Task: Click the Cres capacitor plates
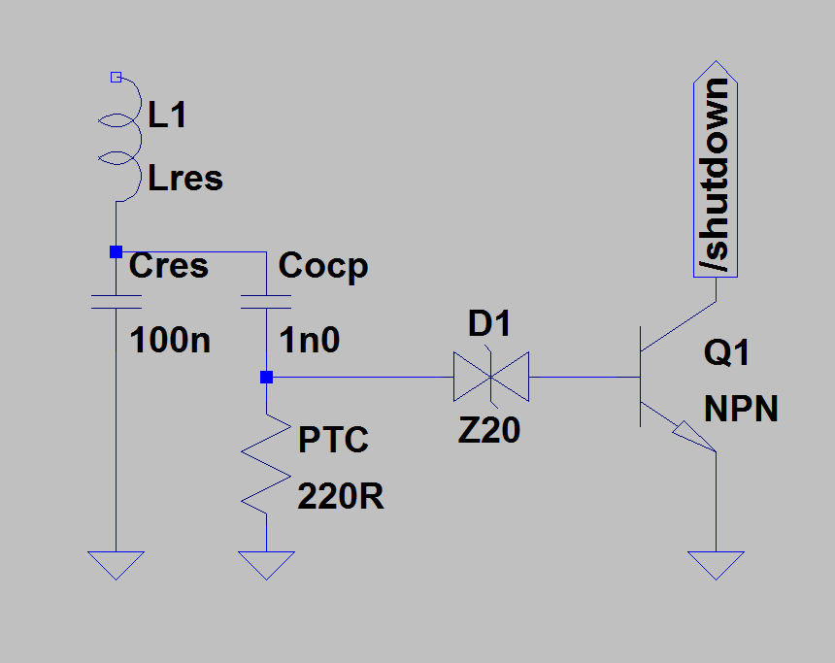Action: tap(116, 300)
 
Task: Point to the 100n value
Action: tap(170, 341)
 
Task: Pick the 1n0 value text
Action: tap(309, 341)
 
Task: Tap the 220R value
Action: tap(340, 497)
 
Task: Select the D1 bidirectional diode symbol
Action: tap(490, 377)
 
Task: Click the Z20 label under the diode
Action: tap(489, 429)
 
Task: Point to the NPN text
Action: tap(741, 409)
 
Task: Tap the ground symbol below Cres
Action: tap(116, 564)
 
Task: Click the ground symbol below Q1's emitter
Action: tap(716, 564)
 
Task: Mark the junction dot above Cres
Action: tap(116, 251)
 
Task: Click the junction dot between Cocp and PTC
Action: tap(267, 377)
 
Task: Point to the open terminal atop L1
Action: tap(116, 76)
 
